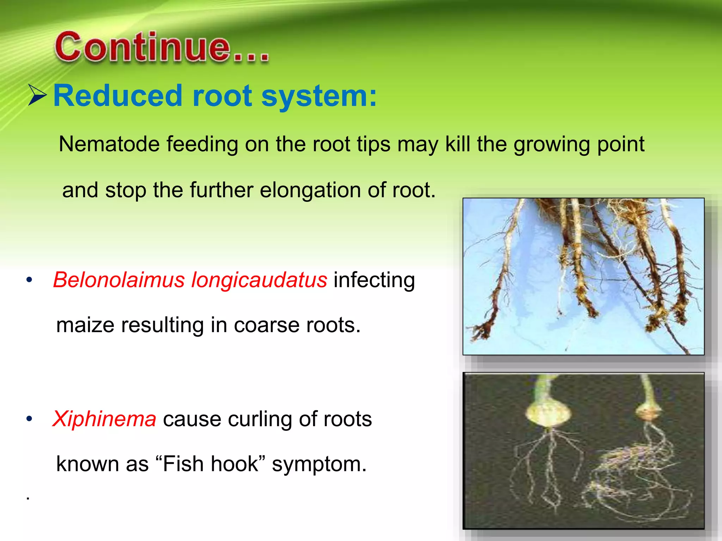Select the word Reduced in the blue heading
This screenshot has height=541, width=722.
(x=117, y=96)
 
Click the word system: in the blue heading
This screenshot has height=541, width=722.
(x=319, y=96)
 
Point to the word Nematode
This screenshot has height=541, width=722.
(x=109, y=144)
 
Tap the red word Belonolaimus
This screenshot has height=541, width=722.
(x=119, y=280)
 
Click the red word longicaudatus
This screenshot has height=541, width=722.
(x=259, y=280)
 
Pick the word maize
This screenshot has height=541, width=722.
(x=85, y=325)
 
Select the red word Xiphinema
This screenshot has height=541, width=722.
(x=104, y=419)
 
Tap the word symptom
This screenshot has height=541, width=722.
(x=319, y=464)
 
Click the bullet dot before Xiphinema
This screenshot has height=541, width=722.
(x=29, y=419)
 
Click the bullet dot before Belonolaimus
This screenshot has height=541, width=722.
(x=29, y=280)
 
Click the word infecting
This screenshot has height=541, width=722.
(x=374, y=280)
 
